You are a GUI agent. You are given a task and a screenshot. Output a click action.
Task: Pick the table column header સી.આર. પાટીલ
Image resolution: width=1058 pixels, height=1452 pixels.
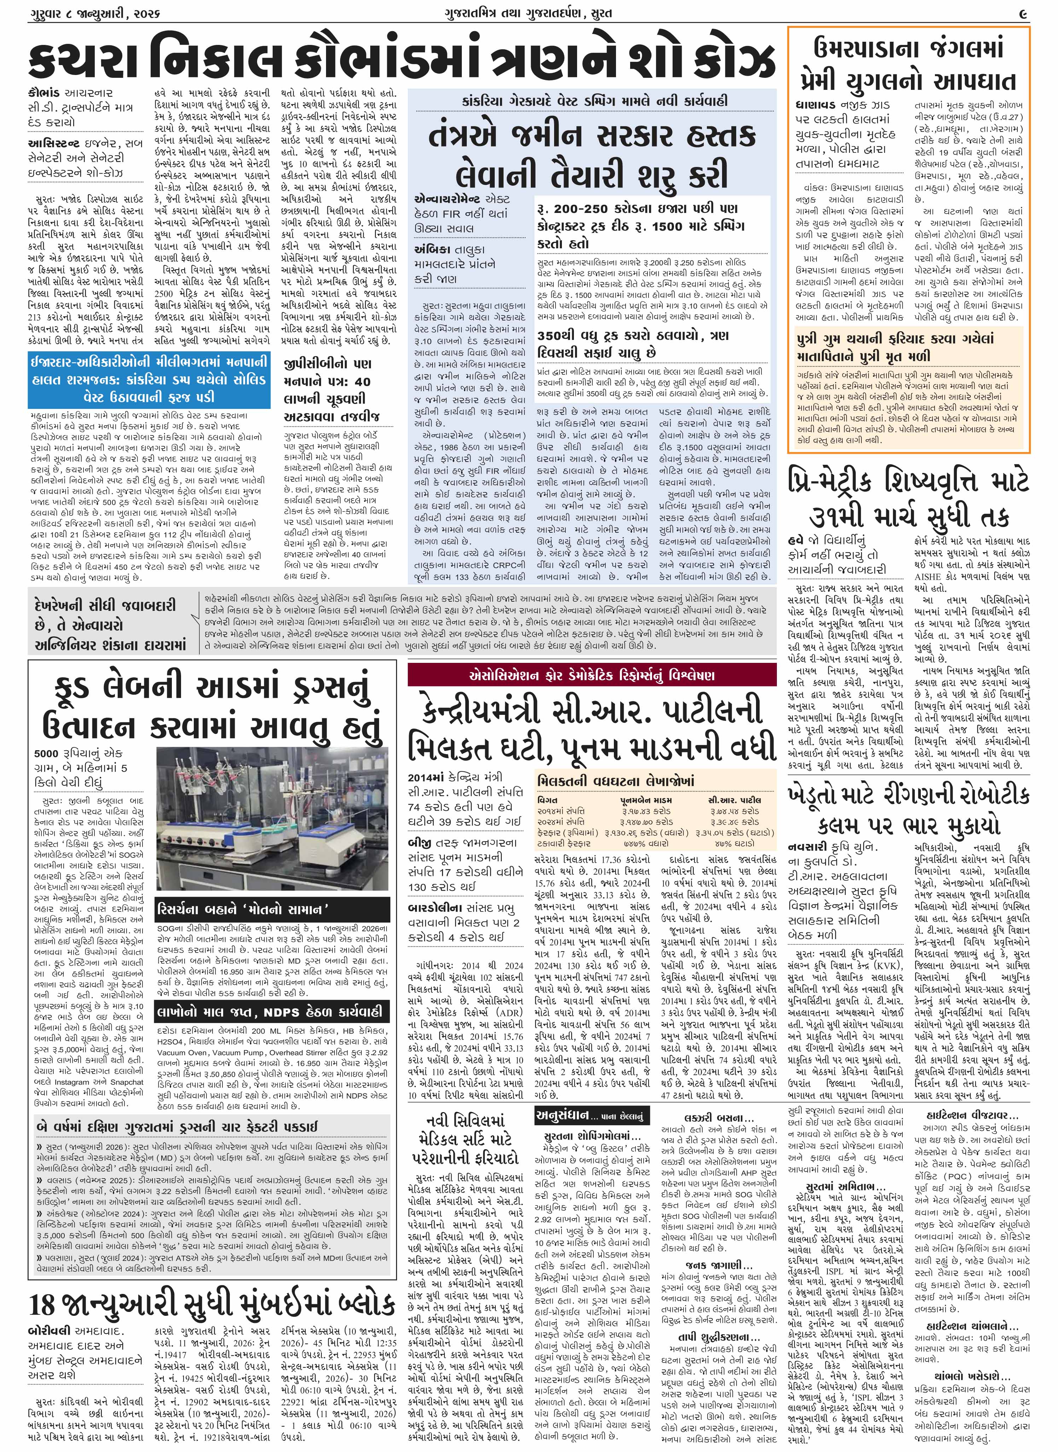click(x=734, y=800)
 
